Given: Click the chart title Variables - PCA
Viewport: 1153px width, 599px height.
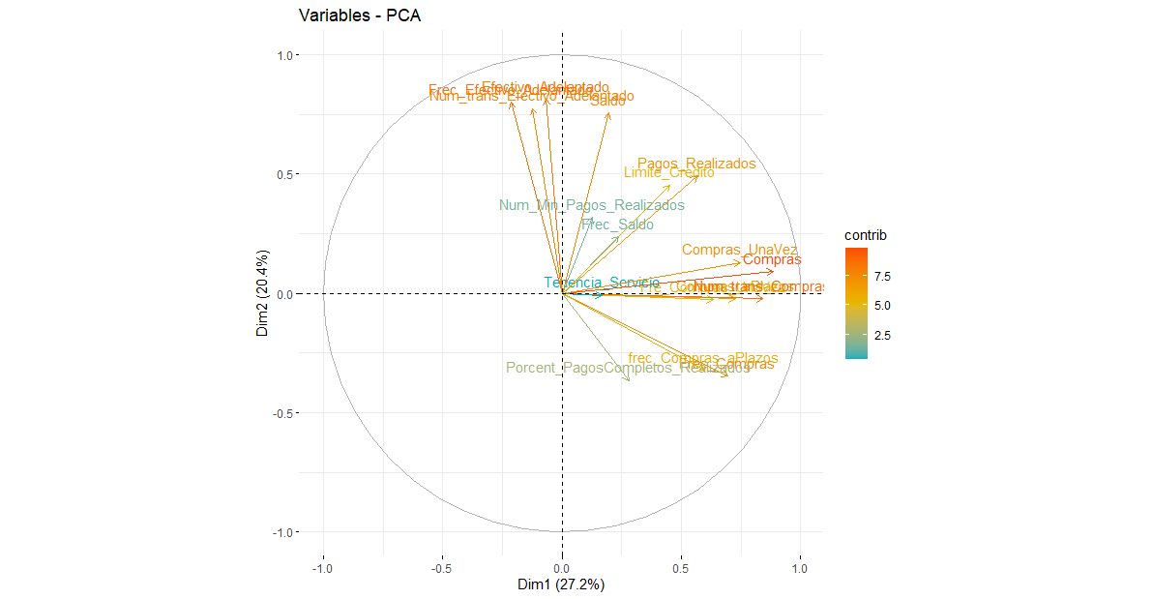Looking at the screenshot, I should [x=359, y=16].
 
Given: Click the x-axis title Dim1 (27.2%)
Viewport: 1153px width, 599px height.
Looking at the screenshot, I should [x=562, y=584].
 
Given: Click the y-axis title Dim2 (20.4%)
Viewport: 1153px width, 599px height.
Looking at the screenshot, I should [x=262, y=293].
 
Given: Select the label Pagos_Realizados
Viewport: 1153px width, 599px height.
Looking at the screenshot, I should [x=696, y=164].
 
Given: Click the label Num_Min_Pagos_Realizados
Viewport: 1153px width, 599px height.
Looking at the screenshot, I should [x=591, y=205].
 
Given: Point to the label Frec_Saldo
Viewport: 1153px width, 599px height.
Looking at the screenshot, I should [x=617, y=225].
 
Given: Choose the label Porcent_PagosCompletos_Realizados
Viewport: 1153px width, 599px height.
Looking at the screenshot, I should [x=627, y=368].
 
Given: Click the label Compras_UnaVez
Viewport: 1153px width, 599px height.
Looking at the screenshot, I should [x=740, y=250].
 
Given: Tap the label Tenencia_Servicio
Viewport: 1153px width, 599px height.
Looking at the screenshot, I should [x=601, y=283].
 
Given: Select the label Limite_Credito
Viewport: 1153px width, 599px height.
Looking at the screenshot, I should [x=668, y=172].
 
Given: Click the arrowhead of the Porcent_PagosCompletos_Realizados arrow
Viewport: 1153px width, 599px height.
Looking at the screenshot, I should [x=630, y=381].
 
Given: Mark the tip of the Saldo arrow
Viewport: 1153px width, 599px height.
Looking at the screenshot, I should [x=609, y=113].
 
